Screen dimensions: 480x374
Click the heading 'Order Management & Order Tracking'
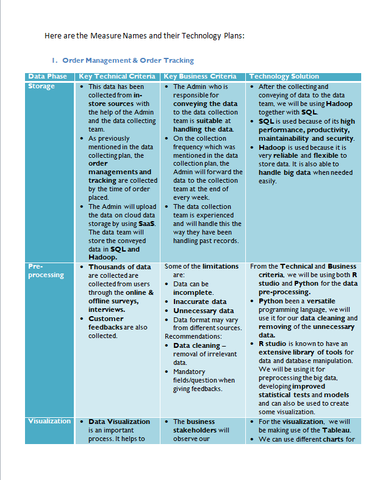(128, 60)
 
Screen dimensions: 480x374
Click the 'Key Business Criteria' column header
(200, 76)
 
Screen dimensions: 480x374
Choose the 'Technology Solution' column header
(284, 76)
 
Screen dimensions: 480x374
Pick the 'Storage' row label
(41, 86)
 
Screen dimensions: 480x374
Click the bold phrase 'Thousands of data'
(120, 267)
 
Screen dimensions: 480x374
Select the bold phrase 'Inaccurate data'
(200, 302)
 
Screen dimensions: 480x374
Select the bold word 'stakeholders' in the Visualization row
(194, 430)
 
